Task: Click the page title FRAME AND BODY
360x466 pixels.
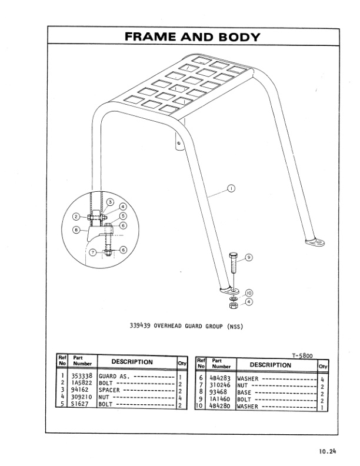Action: (192, 36)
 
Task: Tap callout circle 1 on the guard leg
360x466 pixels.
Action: (231, 189)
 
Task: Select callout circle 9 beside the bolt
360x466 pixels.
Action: (248, 258)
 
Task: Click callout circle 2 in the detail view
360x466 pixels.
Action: (76, 217)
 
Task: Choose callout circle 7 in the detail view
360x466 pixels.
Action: (93, 252)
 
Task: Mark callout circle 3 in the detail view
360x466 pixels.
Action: (109, 202)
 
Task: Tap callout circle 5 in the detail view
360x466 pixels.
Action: (123, 216)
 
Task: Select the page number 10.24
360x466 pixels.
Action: (327, 452)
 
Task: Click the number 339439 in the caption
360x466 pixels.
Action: (141, 325)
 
